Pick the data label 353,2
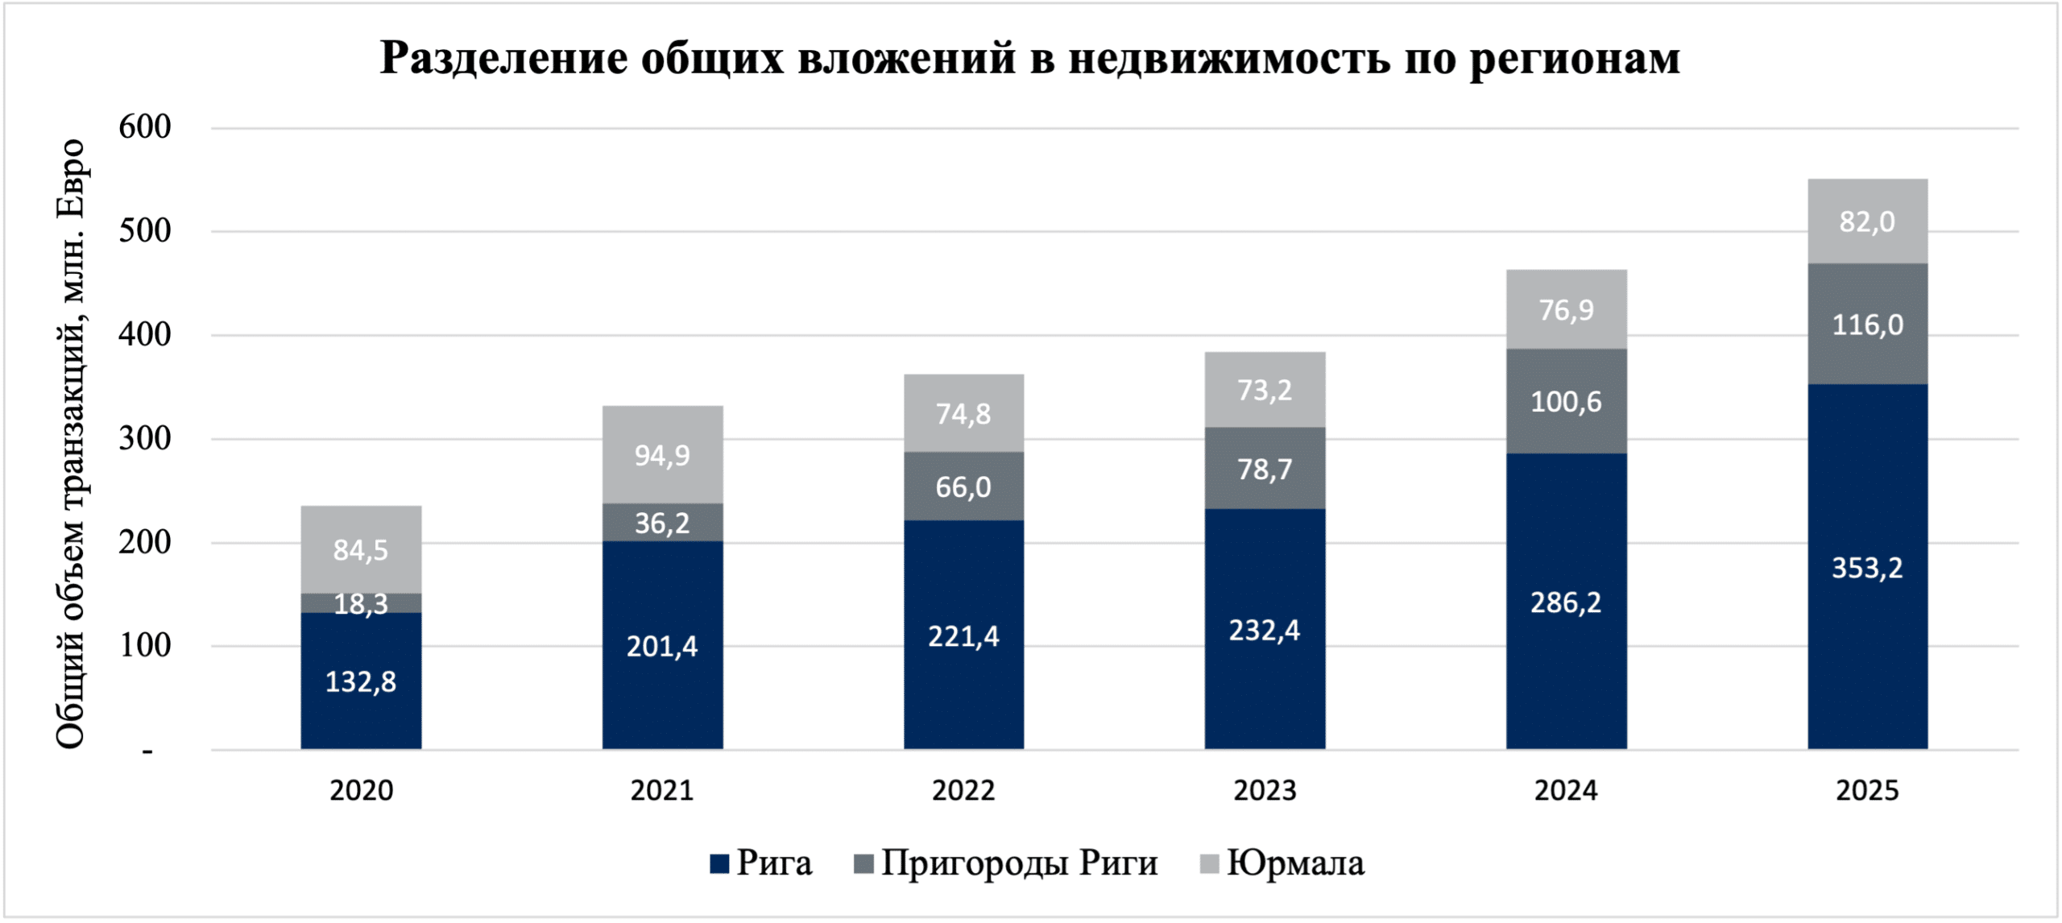1867,569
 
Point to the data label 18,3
361,604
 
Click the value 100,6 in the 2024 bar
1566,402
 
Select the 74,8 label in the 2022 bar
963,414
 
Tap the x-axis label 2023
1265,791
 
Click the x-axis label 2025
1867,791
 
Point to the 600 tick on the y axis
145,127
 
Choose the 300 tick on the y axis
145,439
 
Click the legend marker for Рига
719,864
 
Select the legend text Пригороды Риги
1019,863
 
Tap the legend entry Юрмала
1294,863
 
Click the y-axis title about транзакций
71,443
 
